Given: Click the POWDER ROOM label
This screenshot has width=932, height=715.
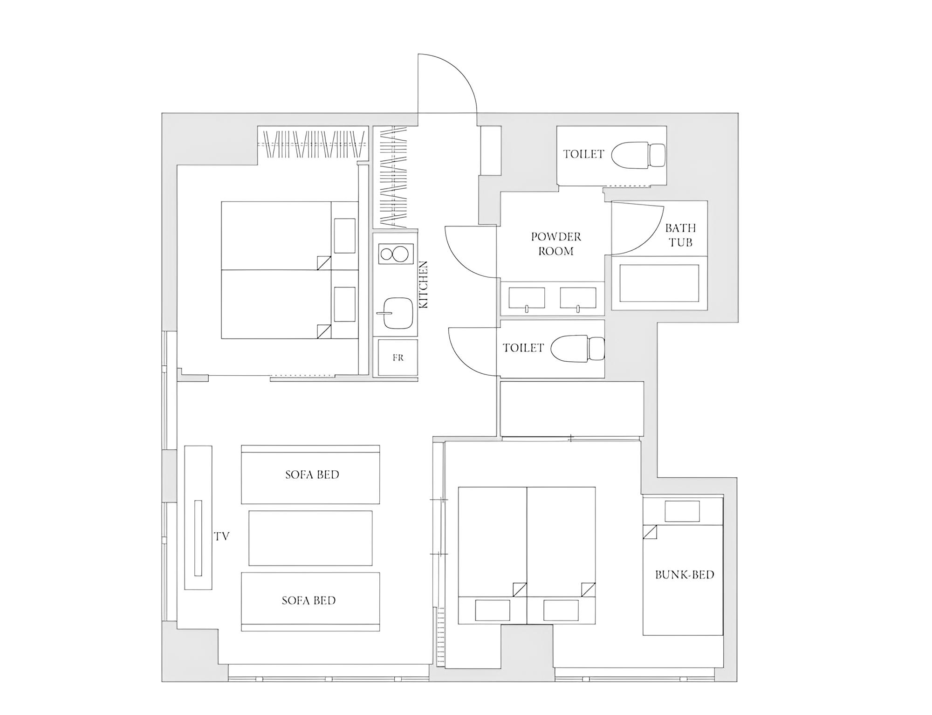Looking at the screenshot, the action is (x=556, y=244).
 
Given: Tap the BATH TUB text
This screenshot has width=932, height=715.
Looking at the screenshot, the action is (x=680, y=235).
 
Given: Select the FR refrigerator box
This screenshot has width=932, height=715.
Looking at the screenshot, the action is (x=398, y=357).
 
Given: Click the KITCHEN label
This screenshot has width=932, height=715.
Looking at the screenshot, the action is (x=424, y=284).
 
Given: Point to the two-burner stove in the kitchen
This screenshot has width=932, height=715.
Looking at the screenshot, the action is (x=395, y=254).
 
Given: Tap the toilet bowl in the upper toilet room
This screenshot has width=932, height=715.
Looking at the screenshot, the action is (x=638, y=155).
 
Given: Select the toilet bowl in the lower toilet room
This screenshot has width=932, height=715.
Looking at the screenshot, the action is (x=577, y=348).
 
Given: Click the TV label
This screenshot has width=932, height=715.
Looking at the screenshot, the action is (x=222, y=536).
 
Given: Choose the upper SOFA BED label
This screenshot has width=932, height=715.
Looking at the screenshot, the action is (x=312, y=474).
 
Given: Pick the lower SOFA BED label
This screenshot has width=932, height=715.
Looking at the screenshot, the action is (x=308, y=600).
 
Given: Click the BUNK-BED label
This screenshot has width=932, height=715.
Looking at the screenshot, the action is (x=685, y=575).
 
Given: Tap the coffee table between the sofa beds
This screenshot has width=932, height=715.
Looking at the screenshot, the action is (x=310, y=538).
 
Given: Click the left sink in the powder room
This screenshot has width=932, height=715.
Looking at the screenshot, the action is (x=527, y=298).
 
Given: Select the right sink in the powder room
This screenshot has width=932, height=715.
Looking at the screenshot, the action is (x=578, y=298).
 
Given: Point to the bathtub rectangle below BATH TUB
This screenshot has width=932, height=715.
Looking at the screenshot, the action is (x=659, y=283).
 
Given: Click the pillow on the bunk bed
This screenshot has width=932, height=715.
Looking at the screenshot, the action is (x=682, y=511).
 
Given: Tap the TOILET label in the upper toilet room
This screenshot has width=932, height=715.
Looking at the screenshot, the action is (x=583, y=154).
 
